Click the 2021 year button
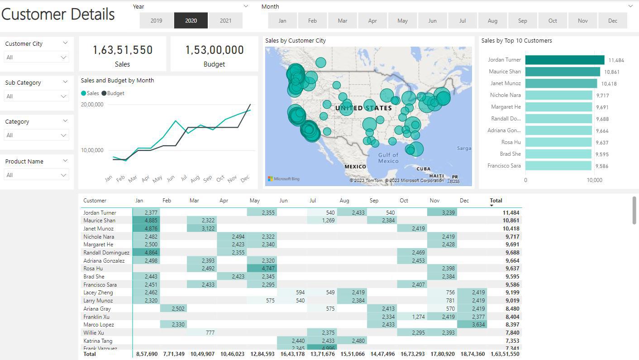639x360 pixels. pos(225,20)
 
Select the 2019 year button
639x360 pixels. pos(156,20)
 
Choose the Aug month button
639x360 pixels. pos(492,20)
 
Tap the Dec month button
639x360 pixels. pos(612,20)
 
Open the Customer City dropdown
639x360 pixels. pos(36,58)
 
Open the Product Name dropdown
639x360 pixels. pos(36,175)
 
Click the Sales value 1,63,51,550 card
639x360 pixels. pos(123,50)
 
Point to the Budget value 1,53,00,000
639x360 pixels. pos(214,50)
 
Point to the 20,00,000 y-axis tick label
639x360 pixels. pos(92,105)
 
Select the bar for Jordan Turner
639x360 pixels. pos(564,60)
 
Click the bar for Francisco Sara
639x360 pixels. pos(558,166)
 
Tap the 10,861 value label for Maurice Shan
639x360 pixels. pos(611,72)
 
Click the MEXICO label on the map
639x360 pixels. pos(355,167)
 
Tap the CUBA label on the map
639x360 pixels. pos(423,169)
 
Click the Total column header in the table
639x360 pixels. pos(496,201)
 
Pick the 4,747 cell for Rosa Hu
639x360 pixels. pos(262,269)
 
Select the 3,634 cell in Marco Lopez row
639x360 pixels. pos(472,325)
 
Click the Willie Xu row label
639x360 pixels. pos(94,333)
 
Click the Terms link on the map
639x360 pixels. pos(453,181)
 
